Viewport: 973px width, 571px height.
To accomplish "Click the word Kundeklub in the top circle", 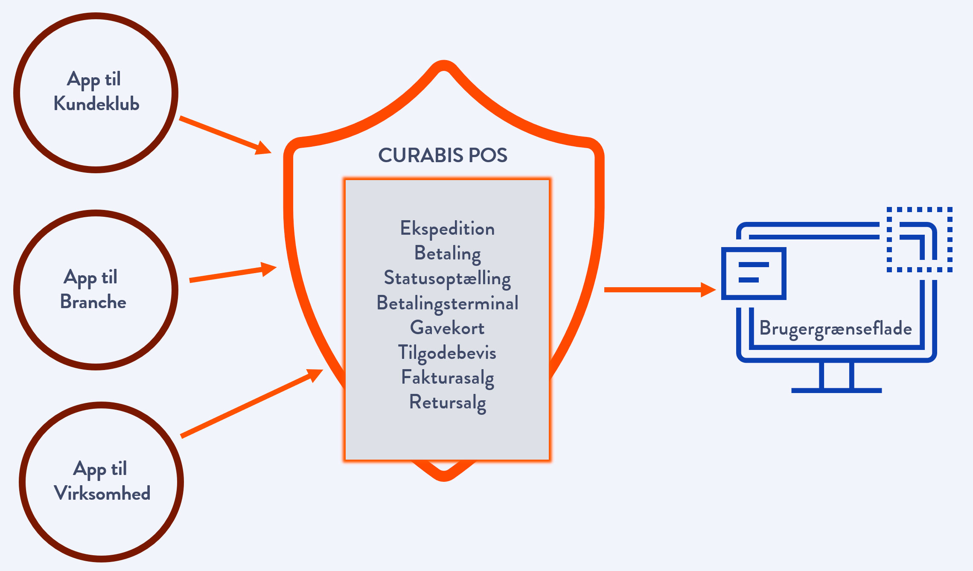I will coord(96,104).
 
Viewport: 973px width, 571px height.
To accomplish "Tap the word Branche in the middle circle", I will coord(93,302).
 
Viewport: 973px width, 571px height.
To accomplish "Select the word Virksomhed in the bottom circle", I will coord(102,493).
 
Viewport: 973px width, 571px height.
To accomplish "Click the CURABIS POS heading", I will coord(443,155).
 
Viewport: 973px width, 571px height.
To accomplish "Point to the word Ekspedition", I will coord(447,229).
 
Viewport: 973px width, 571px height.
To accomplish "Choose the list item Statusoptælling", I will coord(447,278).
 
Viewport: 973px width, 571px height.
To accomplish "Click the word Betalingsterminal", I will coord(447,303).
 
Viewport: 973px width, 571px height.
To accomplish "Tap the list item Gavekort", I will coord(447,328).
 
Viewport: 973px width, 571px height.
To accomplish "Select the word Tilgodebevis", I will coord(447,353).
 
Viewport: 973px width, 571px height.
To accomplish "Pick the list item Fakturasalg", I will coord(447,378).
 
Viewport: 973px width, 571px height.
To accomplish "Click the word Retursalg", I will coord(447,402).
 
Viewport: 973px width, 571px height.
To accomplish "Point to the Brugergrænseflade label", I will coord(836,329).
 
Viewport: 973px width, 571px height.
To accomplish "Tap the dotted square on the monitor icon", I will coord(919,239).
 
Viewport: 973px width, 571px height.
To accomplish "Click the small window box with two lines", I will coord(754,273).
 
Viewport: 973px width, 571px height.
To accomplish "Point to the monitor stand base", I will coord(836,390).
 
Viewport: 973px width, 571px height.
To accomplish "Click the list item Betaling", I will coord(447,253).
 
